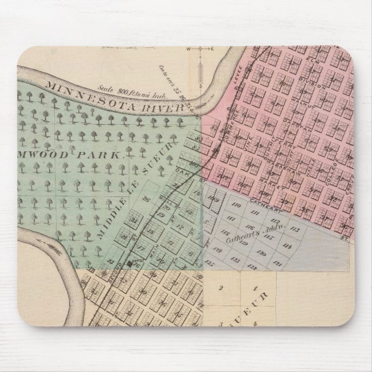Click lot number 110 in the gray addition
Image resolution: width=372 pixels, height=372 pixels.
(236, 206)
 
